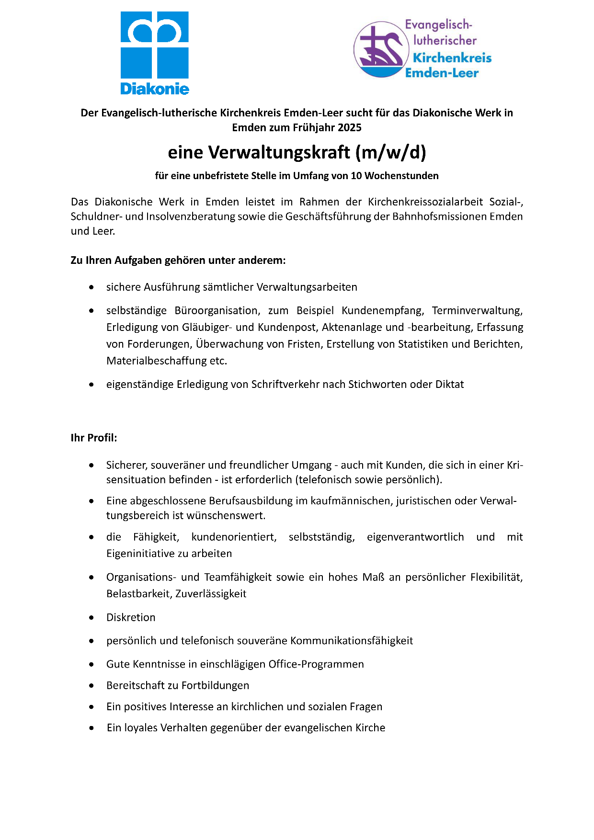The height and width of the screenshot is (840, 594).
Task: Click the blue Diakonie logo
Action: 154,53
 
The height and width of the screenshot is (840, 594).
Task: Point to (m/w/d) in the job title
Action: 390,152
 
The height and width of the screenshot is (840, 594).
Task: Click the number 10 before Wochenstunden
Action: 356,176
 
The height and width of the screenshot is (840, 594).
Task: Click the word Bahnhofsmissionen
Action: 440,216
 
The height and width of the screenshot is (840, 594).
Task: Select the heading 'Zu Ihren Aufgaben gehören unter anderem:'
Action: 178,261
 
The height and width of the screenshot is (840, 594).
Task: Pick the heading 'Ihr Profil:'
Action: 94,438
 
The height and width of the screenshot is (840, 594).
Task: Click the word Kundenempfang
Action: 382,310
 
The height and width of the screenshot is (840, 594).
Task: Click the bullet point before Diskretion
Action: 91,618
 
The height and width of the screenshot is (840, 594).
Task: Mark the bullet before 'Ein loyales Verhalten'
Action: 91,728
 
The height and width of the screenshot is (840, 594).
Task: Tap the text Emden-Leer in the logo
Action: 442,73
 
